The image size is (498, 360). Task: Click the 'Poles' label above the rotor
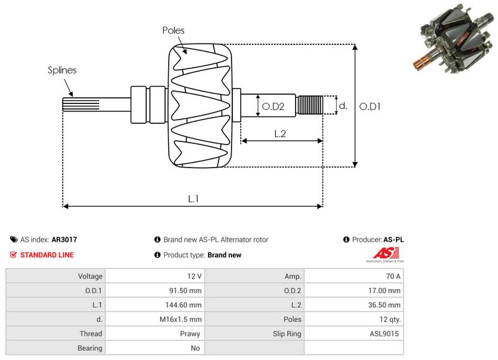(173, 30)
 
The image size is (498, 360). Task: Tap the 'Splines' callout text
(62, 70)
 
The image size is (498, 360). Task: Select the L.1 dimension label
(194, 198)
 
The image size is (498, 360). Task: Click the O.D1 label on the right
(370, 107)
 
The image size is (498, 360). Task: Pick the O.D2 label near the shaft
(273, 107)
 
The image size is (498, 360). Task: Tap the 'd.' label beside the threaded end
(342, 106)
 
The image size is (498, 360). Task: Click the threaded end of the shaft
(310, 105)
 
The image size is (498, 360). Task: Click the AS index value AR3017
(64, 239)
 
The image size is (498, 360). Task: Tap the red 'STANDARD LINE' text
(47, 255)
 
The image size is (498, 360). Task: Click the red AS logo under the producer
(382, 253)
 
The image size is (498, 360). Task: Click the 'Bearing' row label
(55, 348)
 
